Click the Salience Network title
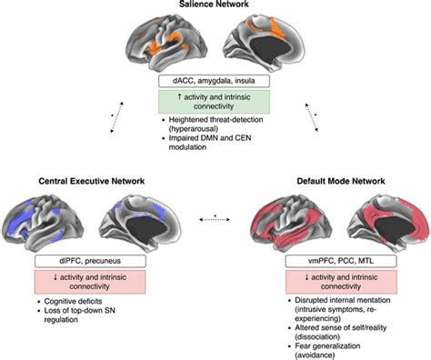point(215,5)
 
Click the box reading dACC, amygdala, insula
point(215,81)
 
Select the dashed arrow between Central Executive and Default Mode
point(215,219)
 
